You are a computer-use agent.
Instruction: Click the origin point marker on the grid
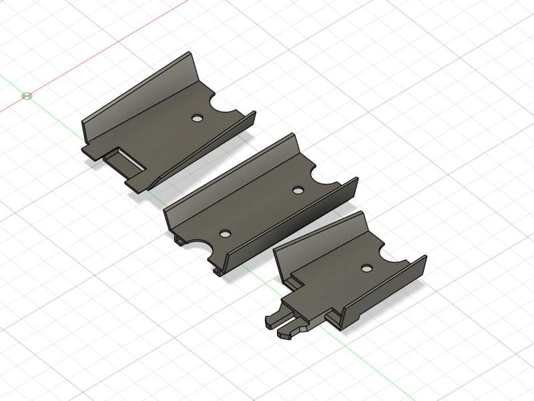(27, 95)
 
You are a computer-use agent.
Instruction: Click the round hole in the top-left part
(197, 119)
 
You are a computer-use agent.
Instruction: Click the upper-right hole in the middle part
(298, 191)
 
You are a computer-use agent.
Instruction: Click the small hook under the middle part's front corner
(218, 271)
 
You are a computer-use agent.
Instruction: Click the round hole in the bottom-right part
(365, 268)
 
